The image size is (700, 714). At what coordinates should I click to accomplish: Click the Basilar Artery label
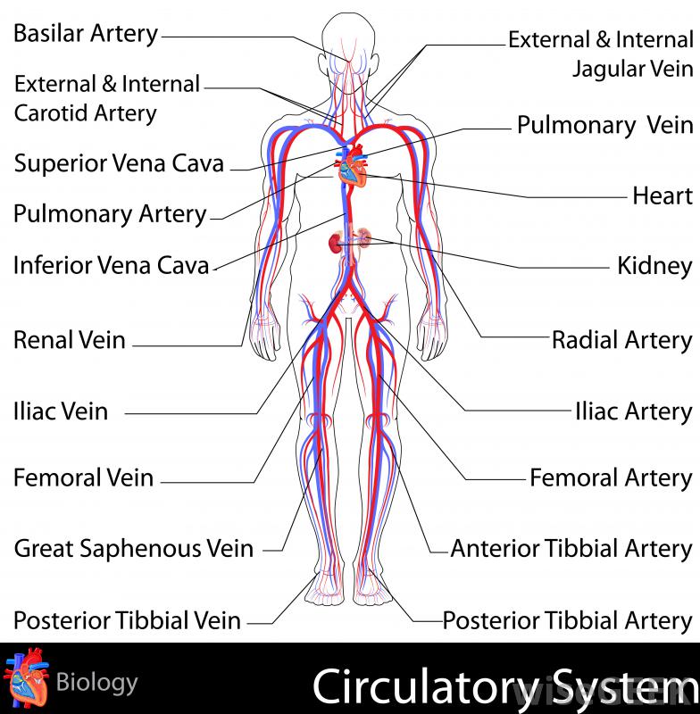pyautogui.click(x=86, y=34)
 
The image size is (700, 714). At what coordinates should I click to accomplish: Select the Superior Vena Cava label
pyautogui.click(x=119, y=163)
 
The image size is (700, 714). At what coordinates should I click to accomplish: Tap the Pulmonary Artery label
pyautogui.click(x=110, y=214)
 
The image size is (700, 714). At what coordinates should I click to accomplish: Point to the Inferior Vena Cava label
pyautogui.click(x=112, y=265)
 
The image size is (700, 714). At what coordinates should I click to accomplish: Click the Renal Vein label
pyautogui.click(x=70, y=340)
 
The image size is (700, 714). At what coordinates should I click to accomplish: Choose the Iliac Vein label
pyautogui.click(x=61, y=411)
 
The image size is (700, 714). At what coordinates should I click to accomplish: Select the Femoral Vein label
pyautogui.click(x=83, y=477)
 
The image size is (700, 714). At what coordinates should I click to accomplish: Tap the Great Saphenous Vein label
pyautogui.click(x=134, y=548)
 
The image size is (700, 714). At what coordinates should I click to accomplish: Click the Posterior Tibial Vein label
pyautogui.click(x=127, y=619)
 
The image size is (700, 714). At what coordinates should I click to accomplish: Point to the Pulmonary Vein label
pyautogui.click(x=604, y=125)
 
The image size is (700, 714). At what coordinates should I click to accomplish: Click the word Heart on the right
pyautogui.click(x=662, y=195)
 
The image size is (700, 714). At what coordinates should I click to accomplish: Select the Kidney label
pyautogui.click(x=654, y=266)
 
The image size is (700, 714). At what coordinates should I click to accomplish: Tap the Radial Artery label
pyautogui.click(x=621, y=340)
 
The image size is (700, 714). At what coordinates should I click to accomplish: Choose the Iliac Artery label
pyautogui.click(x=633, y=411)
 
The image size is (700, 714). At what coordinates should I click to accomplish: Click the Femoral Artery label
pyautogui.click(x=611, y=477)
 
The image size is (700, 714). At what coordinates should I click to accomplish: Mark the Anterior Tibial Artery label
pyautogui.click(x=571, y=548)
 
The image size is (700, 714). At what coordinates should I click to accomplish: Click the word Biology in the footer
pyautogui.click(x=96, y=684)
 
